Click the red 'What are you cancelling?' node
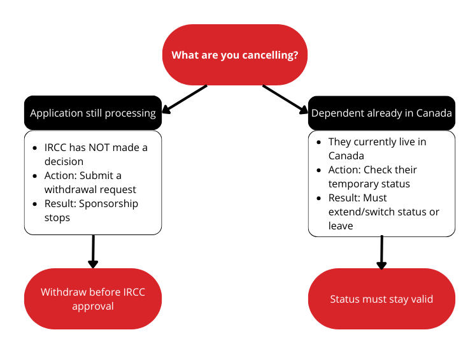pyautogui.click(x=235, y=55)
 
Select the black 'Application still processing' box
pyautogui.click(x=93, y=113)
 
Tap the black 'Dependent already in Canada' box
pyautogui.click(x=381, y=113)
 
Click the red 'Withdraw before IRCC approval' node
pyautogui.click(x=93, y=299)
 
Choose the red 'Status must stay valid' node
pyautogui.click(x=381, y=299)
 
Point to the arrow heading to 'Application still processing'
pyautogui.click(x=185, y=97)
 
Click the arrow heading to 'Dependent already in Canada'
pyautogui.click(x=285, y=99)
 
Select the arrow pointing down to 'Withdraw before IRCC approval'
pyautogui.click(x=93, y=252)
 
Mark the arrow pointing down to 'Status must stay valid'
pyautogui.click(x=381, y=252)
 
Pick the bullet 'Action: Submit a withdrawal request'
pyautogui.click(x=90, y=182)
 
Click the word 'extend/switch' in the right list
pyautogui.click(x=360, y=212)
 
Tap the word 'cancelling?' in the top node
pyautogui.click(x=270, y=55)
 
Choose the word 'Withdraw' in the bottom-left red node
pyautogui.click(x=62, y=292)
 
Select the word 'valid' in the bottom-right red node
pyautogui.click(x=420, y=299)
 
